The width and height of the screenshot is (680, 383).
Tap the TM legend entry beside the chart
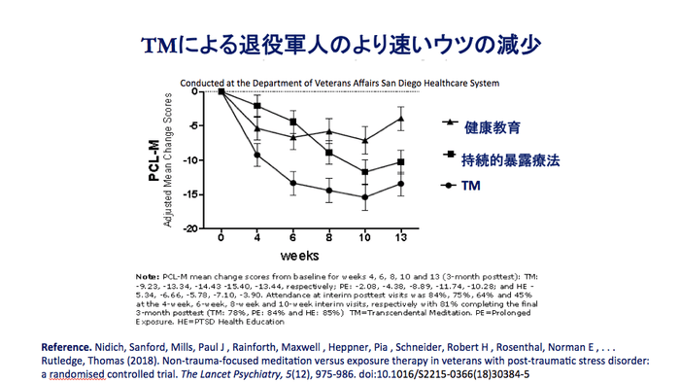471,185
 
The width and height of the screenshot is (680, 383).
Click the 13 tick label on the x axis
400,238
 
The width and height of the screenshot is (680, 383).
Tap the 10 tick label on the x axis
364,238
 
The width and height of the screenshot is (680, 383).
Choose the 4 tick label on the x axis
257,238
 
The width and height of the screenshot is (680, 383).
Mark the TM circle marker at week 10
364,197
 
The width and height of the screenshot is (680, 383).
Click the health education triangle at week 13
400,119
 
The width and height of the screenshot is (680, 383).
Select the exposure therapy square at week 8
329,153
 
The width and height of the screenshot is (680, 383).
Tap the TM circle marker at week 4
257,155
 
